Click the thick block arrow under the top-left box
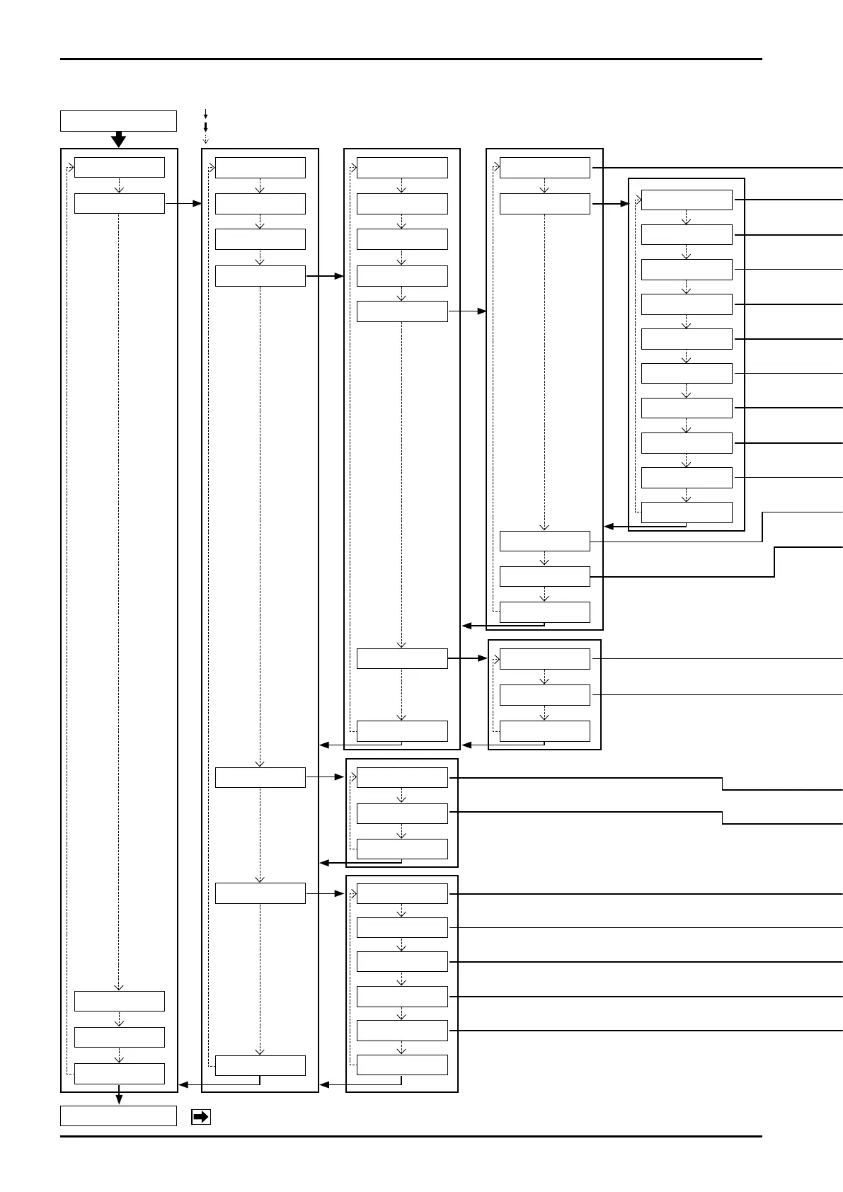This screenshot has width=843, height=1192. click(x=119, y=139)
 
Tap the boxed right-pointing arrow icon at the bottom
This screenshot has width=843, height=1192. click(x=201, y=1117)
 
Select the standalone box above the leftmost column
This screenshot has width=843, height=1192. click(x=118, y=121)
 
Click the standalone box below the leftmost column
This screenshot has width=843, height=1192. click(x=118, y=1116)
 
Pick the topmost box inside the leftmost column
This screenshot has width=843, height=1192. click(x=119, y=168)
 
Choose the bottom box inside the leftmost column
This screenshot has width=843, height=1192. click(x=119, y=1073)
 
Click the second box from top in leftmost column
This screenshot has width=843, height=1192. click(x=119, y=203)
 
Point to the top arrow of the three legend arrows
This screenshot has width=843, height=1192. click(x=205, y=113)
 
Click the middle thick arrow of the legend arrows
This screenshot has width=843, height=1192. click(x=205, y=127)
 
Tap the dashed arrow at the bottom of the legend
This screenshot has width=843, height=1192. click(x=205, y=139)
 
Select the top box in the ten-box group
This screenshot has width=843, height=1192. click(x=687, y=200)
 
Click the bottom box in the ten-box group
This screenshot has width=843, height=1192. click(x=687, y=512)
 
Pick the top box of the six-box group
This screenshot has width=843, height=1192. click(x=402, y=893)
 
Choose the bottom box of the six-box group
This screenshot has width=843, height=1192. click(x=402, y=1065)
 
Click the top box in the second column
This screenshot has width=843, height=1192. click(x=260, y=168)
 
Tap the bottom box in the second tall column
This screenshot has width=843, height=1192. click(x=260, y=1065)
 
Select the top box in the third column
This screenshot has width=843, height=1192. click(x=402, y=168)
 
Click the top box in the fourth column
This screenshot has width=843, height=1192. click(x=544, y=168)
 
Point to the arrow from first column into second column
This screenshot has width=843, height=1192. click(x=183, y=203)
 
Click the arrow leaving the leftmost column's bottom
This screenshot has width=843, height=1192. click(x=119, y=1099)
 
